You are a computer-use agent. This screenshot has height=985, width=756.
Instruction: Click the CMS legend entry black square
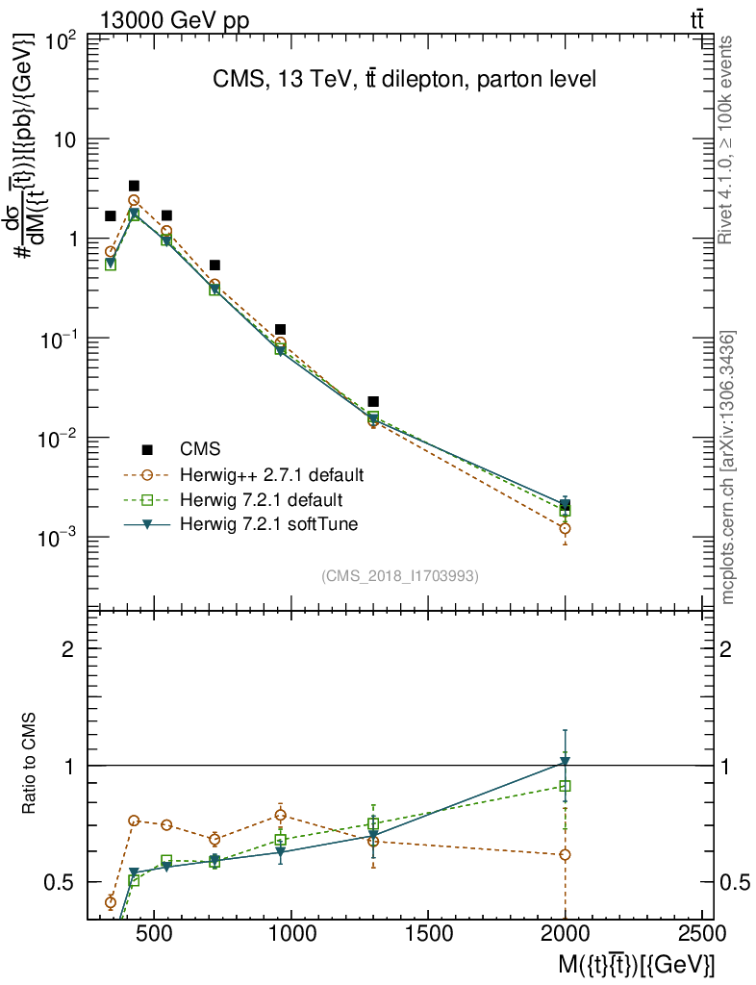pyautogui.click(x=147, y=449)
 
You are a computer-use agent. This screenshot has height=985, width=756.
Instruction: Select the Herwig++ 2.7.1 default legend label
pyautogui.click(x=271, y=475)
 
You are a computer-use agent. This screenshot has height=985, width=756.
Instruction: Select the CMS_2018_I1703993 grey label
pyautogui.click(x=400, y=576)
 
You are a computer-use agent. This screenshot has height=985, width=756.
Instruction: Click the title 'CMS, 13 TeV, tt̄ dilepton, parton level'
pyautogui.click(x=404, y=80)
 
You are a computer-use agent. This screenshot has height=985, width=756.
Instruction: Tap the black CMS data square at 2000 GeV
pyautogui.click(x=566, y=505)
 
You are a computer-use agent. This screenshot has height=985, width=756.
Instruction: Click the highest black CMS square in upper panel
pyautogui.click(x=134, y=186)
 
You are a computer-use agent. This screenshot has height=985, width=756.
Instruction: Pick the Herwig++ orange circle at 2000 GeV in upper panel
pyautogui.click(x=566, y=529)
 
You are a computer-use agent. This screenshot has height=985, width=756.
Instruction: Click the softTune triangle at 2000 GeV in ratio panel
pyautogui.click(x=566, y=763)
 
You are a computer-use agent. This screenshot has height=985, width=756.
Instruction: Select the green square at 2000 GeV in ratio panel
pyautogui.click(x=566, y=786)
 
